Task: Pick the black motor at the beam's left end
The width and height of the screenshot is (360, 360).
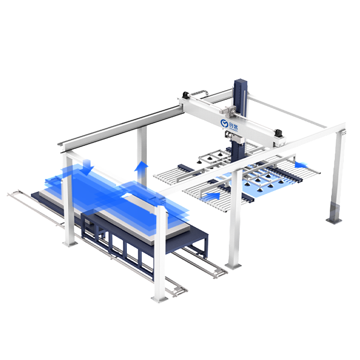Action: point(185,95)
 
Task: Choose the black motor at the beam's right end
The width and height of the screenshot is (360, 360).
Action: point(279,132)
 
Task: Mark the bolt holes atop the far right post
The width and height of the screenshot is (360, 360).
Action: point(343,134)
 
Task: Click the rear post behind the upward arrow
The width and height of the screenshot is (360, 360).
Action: point(142,153)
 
